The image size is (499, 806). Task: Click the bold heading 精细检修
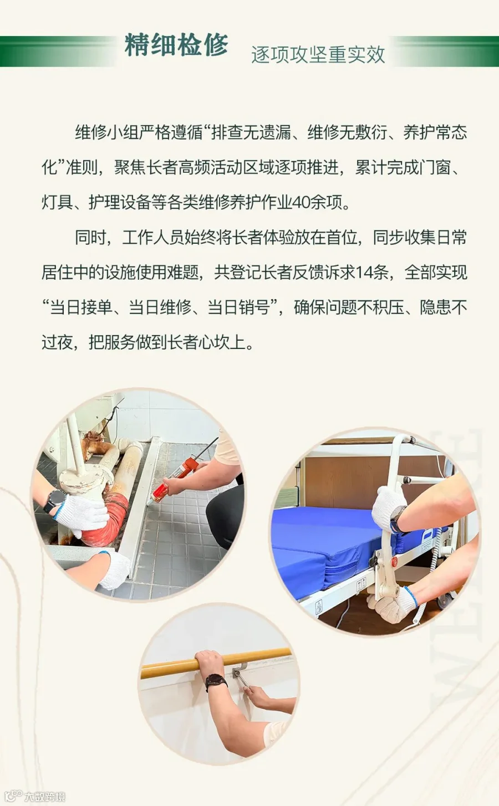(176, 45)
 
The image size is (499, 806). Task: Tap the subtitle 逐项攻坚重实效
(318, 55)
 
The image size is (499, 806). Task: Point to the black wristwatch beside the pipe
(54, 501)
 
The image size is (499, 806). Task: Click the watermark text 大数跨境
(45, 796)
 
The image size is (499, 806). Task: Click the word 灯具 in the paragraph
(57, 203)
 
